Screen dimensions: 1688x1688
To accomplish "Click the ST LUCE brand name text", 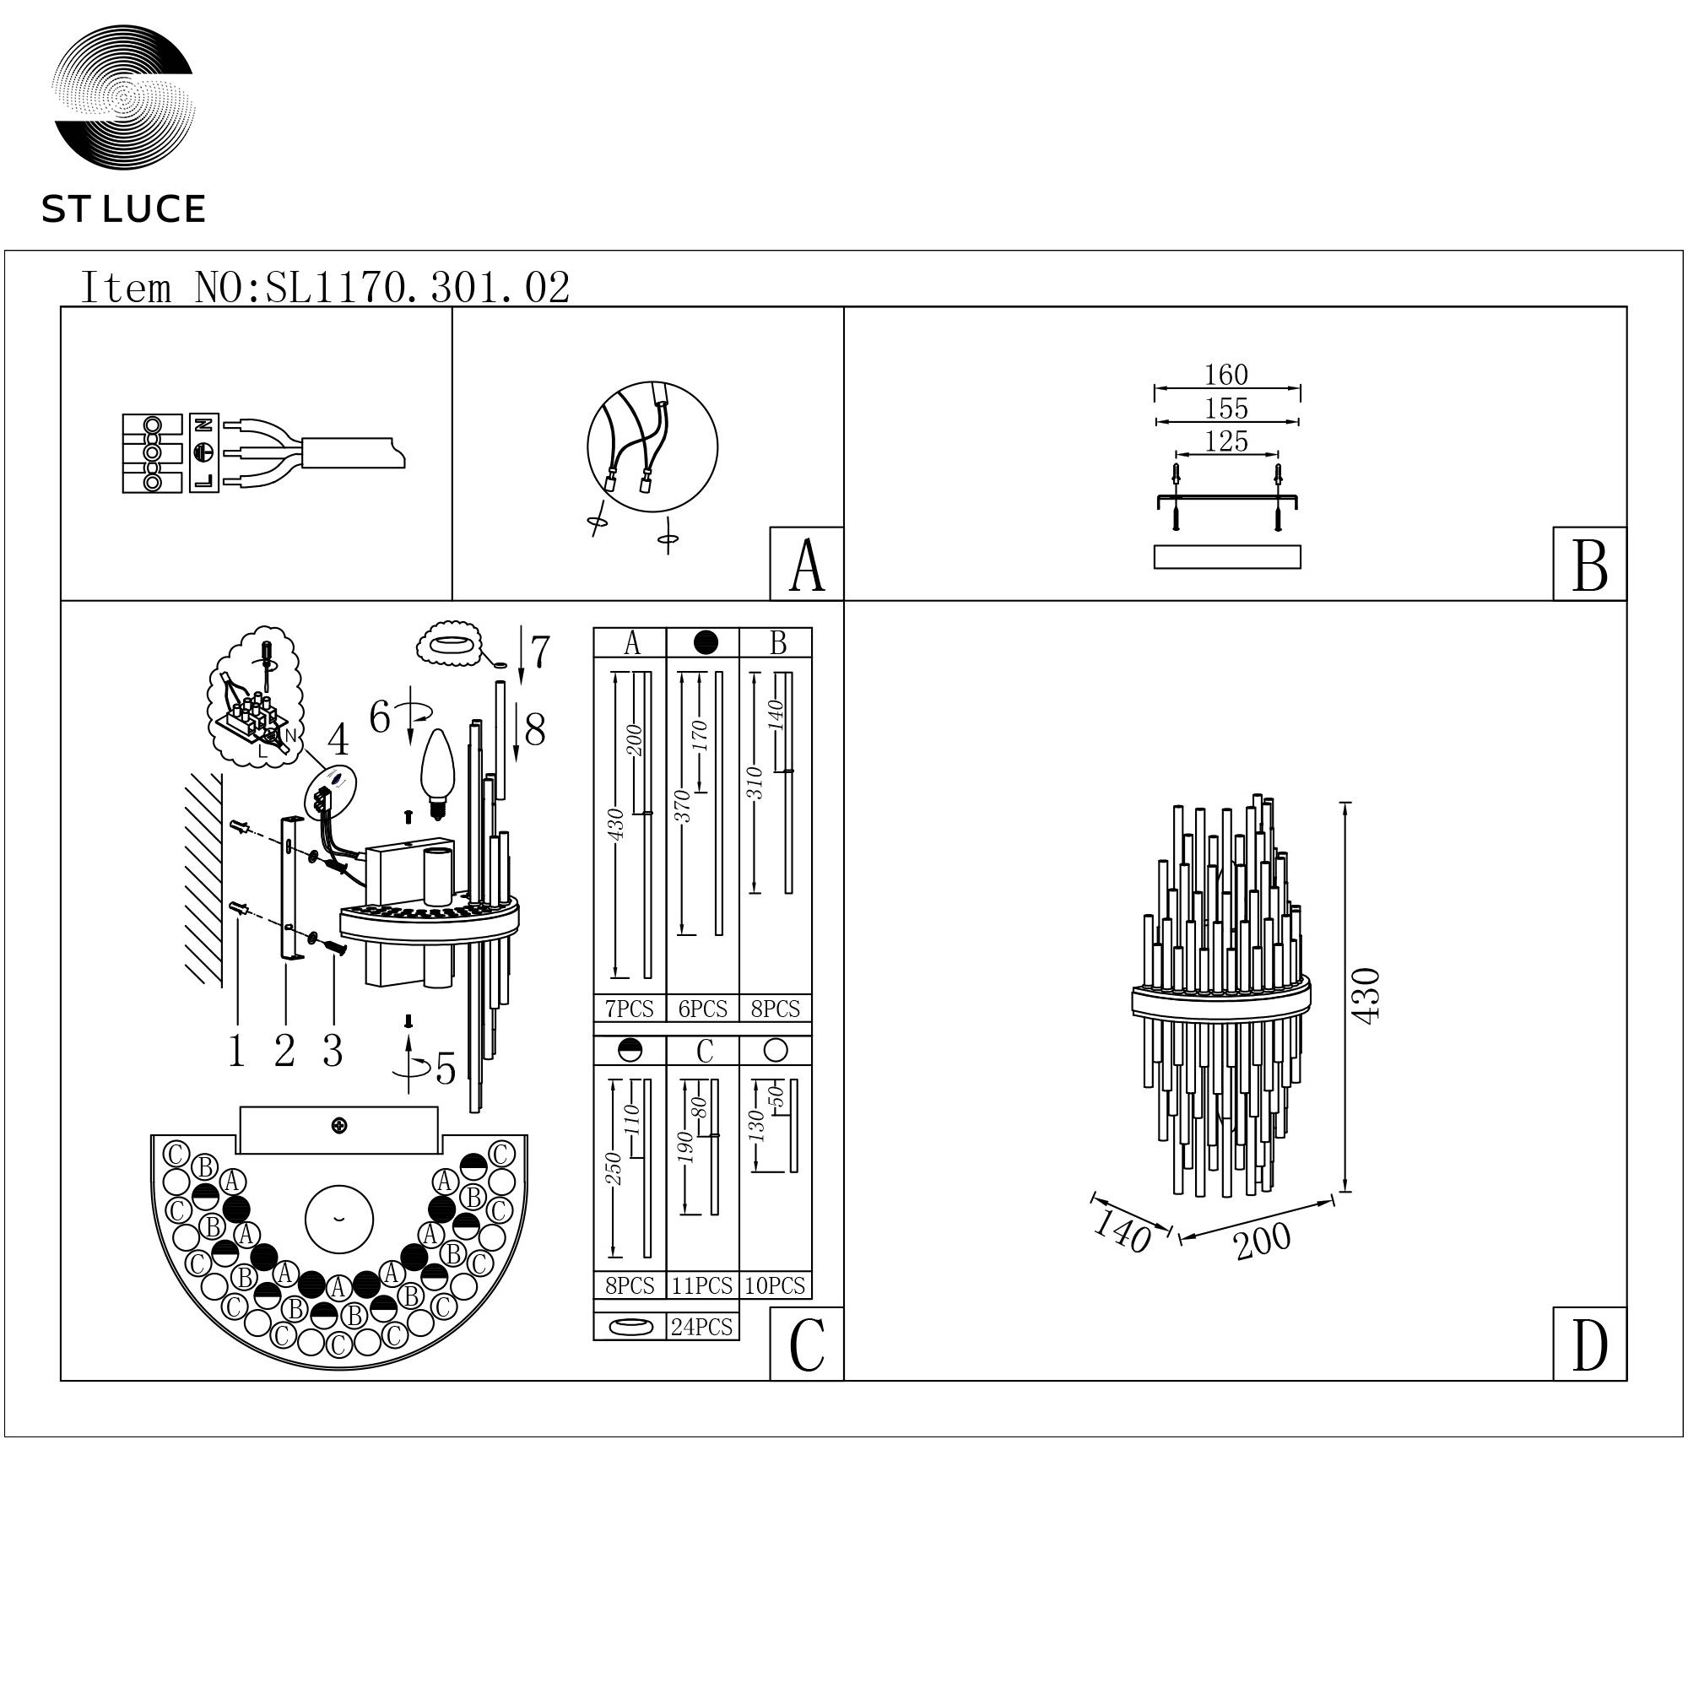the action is point(123,209).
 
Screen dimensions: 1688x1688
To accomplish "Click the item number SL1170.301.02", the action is point(418,288).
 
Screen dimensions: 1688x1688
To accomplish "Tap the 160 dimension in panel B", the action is point(1226,375).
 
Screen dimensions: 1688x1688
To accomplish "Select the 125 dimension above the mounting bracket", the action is point(1226,441).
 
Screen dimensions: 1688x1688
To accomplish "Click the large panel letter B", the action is point(1589,565).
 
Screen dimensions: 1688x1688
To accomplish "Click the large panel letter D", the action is point(1589,1345).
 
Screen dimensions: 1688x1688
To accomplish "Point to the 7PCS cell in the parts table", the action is point(629,1009).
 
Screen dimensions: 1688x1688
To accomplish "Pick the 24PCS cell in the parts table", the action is point(701,1327).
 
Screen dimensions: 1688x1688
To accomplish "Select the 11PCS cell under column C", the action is point(701,1286).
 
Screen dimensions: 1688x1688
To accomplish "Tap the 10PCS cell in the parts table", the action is point(775,1286).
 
